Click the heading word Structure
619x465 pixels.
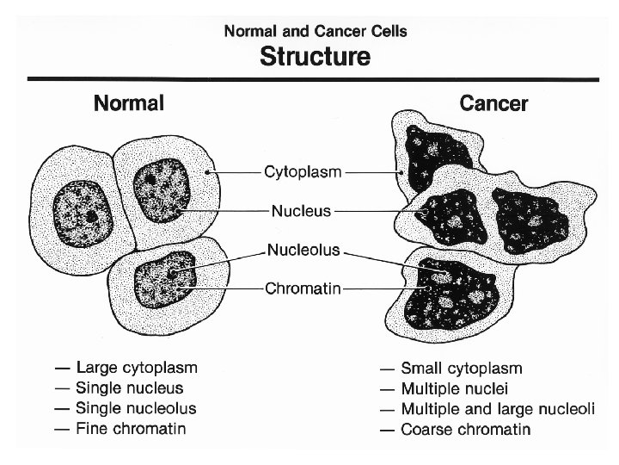(x=316, y=59)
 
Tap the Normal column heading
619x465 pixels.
(x=129, y=105)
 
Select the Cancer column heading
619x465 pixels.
(x=494, y=105)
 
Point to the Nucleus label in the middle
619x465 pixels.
(x=301, y=209)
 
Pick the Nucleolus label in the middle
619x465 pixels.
(x=304, y=251)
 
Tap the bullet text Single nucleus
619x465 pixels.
(x=129, y=389)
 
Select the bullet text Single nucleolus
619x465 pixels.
(x=136, y=409)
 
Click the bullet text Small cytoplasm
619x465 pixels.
(x=462, y=369)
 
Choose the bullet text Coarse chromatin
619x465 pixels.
(x=466, y=429)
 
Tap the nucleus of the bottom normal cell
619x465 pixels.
(x=171, y=276)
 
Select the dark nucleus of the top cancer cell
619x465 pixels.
(x=437, y=147)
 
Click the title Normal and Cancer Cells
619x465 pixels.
(x=316, y=32)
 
